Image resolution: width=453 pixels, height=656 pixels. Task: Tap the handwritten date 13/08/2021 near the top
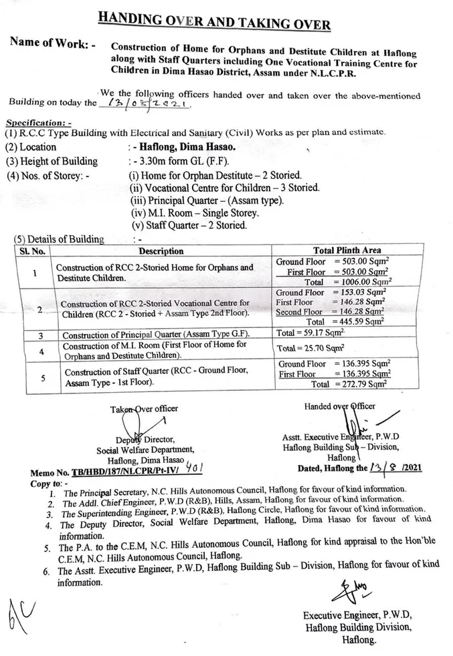(146, 104)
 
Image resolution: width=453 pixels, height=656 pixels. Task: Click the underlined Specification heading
(38, 124)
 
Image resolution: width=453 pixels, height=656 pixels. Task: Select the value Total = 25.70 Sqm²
(310, 348)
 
